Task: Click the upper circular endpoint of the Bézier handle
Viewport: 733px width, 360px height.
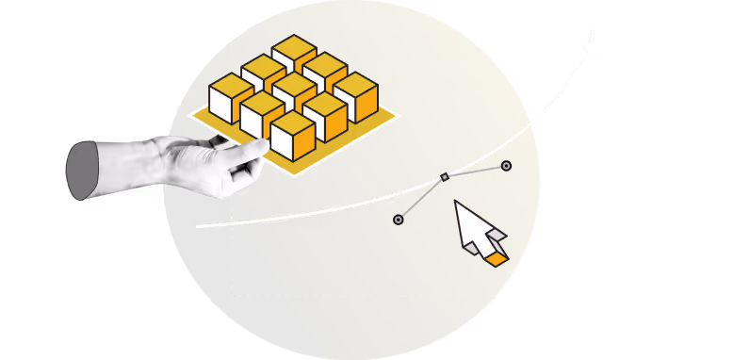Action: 506,166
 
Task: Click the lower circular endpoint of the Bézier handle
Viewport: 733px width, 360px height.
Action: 398,220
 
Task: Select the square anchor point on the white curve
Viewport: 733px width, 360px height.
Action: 445,176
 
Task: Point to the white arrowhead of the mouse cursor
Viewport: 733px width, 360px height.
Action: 471,226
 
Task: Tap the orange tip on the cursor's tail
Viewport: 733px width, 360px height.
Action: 497,257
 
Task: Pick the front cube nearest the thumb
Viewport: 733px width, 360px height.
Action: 292,138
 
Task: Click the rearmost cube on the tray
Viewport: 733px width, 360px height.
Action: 294,55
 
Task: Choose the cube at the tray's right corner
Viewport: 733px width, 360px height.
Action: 356,96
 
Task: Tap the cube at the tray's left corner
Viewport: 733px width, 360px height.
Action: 231,97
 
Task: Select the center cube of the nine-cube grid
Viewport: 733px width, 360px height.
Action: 294,94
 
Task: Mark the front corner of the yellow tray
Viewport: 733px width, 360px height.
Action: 294,175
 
